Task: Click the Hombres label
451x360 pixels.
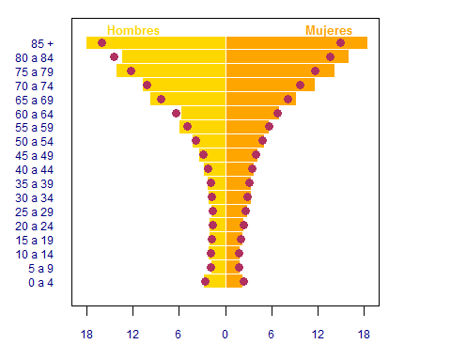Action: (x=133, y=30)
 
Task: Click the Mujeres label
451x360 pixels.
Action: (x=329, y=30)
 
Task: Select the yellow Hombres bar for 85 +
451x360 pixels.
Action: (x=156, y=42)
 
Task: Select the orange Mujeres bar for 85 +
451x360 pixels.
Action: (x=297, y=42)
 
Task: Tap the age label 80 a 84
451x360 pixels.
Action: (x=34, y=58)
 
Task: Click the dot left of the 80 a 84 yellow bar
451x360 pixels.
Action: (x=115, y=56)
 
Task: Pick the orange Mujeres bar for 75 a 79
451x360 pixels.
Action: (x=280, y=70)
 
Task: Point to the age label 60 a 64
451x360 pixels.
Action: (x=34, y=115)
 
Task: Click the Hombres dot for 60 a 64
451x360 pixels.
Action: (x=176, y=113)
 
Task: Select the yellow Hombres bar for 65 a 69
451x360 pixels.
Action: (x=188, y=99)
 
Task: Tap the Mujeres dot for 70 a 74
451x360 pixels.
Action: (x=300, y=85)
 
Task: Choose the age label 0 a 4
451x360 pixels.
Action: (x=40, y=283)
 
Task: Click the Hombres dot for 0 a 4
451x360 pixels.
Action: (x=205, y=281)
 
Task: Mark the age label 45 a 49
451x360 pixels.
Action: (x=34, y=156)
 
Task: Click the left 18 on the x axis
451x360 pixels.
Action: (x=86, y=335)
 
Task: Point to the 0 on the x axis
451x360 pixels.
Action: (x=225, y=335)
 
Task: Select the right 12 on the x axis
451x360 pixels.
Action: (x=318, y=335)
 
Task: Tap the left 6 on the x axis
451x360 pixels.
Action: (x=178, y=335)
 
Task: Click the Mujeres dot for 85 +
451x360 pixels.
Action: (x=340, y=42)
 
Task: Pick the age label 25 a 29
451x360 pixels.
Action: (x=34, y=212)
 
